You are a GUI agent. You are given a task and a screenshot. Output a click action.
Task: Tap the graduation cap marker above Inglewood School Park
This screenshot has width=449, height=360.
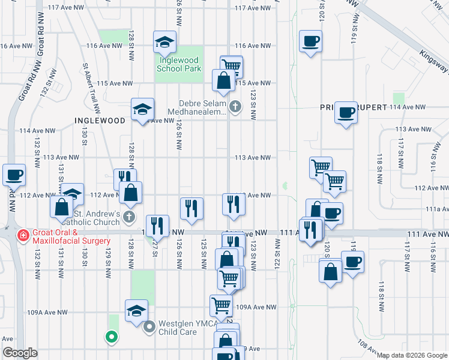164,42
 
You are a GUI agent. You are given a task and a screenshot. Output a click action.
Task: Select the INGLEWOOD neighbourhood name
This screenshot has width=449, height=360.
100,120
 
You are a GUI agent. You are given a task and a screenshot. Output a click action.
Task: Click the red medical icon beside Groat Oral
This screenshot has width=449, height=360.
23,235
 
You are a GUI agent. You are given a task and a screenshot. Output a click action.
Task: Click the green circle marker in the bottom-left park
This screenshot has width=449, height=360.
110,337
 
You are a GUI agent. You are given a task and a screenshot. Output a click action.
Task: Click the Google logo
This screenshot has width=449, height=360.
19,353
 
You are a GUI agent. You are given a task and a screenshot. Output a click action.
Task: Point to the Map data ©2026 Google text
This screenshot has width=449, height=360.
412,355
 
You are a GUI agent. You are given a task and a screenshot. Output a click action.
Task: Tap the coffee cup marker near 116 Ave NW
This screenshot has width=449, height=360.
310,42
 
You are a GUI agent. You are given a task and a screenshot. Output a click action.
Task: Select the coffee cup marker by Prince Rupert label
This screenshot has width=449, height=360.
346,112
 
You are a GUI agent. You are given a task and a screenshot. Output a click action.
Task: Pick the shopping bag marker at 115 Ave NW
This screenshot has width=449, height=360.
223,81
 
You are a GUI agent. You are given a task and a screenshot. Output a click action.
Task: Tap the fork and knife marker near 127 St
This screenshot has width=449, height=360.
156,226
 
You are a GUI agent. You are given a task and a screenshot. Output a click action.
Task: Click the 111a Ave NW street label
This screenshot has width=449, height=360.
437,209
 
